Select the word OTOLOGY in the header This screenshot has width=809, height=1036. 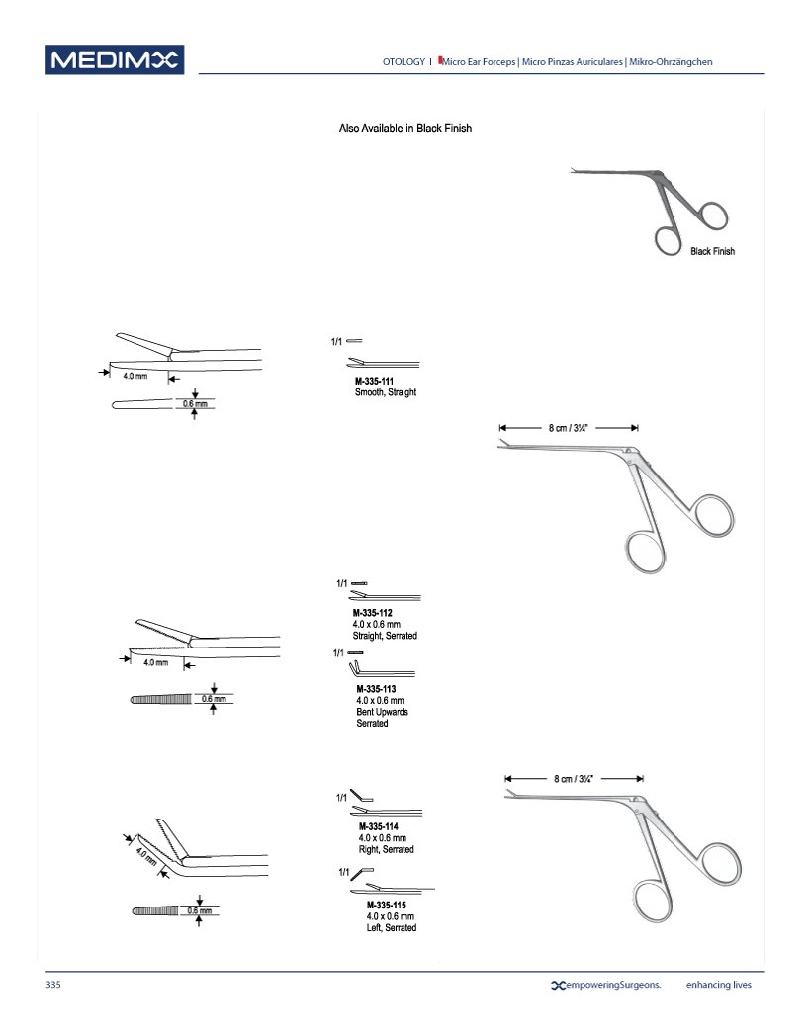click(x=404, y=62)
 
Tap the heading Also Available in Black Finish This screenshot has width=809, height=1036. click(x=405, y=129)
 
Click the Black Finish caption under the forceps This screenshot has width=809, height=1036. click(x=712, y=252)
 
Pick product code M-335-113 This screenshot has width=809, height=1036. click(x=379, y=690)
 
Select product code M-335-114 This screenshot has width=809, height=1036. click(x=381, y=826)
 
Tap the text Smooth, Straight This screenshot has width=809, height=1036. click(x=386, y=392)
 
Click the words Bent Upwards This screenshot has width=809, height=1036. click(x=382, y=712)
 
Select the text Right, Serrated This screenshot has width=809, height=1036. click(x=386, y=849)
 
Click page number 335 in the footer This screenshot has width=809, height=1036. click(x=53, y=985)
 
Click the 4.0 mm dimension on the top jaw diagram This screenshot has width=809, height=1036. click(x=135, y=377)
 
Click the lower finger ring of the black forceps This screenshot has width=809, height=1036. click(x=669, y=240)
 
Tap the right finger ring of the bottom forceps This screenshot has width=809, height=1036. click(x=711, y=869)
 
